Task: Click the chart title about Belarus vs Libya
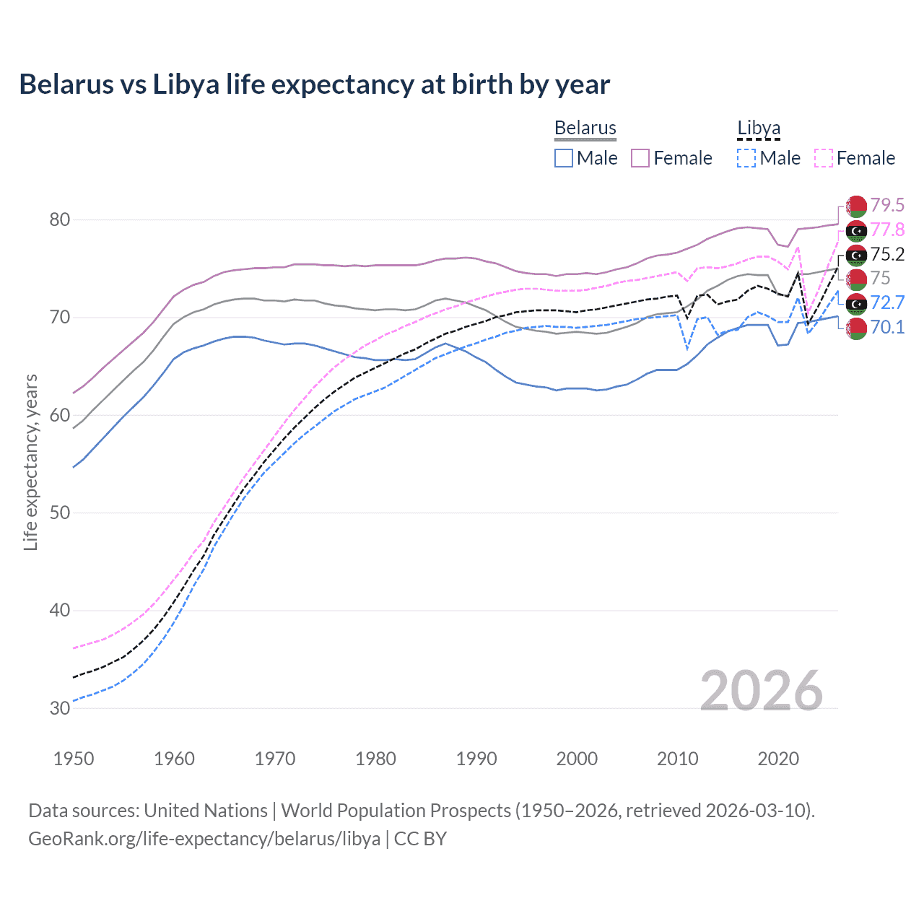tap(314, 84)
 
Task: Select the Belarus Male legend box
tap(564, 158)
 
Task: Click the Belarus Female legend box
tap(640, 158)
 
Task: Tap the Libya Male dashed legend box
tap(746, 158)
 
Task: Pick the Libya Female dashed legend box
tap(824, 158)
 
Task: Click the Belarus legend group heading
tap(585, 128)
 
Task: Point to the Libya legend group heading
tap(758, 128)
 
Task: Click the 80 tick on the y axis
tap(59, 219)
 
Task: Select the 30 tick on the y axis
tap(59, 708)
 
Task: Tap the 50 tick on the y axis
tap(59, 513)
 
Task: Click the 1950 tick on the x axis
tap(74, 759)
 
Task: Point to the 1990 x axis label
tap(476, 759)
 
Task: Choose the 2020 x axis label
tap(778, 759)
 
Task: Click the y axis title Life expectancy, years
tap(30, 462)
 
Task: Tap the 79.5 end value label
tap(887, 206)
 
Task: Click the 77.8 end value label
tap(887, 230)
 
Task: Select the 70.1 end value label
tap(887, 328)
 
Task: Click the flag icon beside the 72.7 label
tap(856, 303)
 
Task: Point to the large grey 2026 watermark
tap(761, 691)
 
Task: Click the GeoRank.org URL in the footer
tap(204, 839)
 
